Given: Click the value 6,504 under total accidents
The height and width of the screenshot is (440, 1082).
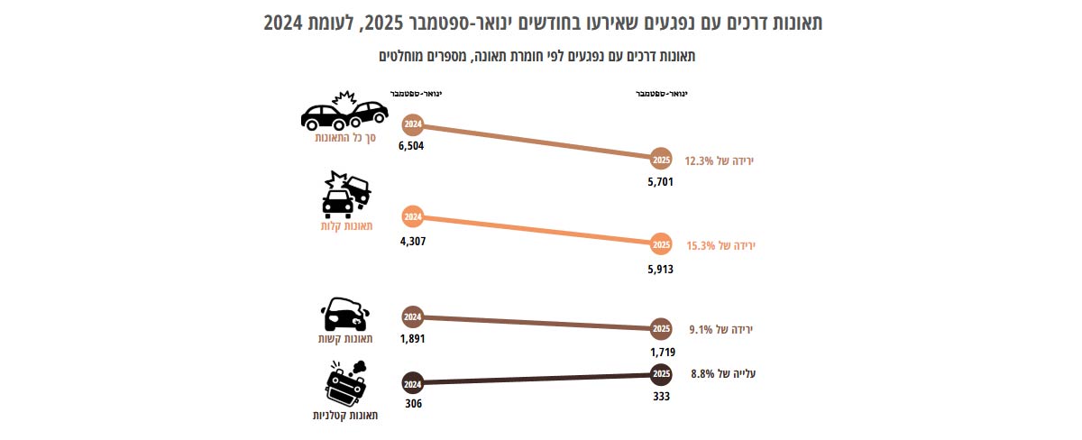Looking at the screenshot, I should tap(410, 146).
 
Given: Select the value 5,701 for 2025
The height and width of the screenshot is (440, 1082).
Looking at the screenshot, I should tap(661, 181).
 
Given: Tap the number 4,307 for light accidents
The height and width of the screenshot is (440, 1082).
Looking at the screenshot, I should tap(410, 242).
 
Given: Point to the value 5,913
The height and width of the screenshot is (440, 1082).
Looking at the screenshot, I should tap(661, 268).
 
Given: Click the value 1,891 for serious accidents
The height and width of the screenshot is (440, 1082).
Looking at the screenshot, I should tap(410, 339).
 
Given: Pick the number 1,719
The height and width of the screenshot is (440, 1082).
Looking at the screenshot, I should tap(662, 351).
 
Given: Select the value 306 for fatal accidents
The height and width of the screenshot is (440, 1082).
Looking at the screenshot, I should tap(413, 403).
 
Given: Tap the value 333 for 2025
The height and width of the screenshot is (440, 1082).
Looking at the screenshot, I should tap(661, 394).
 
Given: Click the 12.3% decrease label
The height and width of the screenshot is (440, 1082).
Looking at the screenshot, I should tap(719, 160).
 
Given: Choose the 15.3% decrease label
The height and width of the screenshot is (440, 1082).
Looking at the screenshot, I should tap(719, 245).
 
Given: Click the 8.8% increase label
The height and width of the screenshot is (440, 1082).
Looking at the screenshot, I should tap(722, 373).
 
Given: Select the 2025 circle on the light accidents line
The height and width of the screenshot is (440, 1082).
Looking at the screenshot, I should tap(661, 244).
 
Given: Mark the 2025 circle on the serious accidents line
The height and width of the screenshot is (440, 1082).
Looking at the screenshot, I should tap(661, 328).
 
